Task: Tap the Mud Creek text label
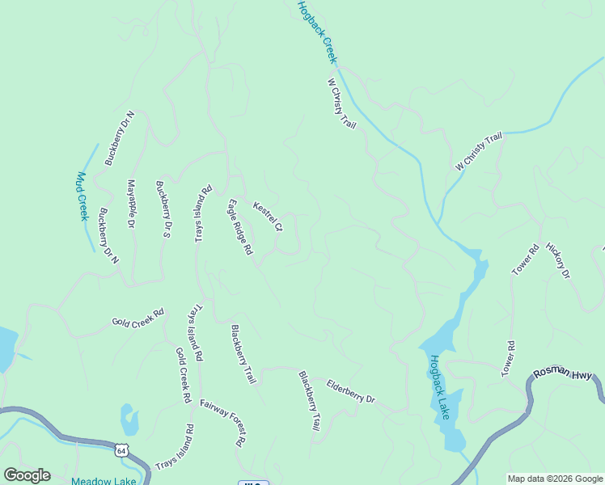coord(81,196)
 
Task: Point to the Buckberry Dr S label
coord(163,209)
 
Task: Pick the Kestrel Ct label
coord(268,217)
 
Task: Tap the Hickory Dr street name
coord(558,261)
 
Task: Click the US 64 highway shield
coord(121,449)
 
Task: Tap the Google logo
coord(27,475)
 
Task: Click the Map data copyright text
coord(555,479)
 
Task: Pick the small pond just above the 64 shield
coord(129,419)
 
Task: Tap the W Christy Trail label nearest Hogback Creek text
coord(341,103)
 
